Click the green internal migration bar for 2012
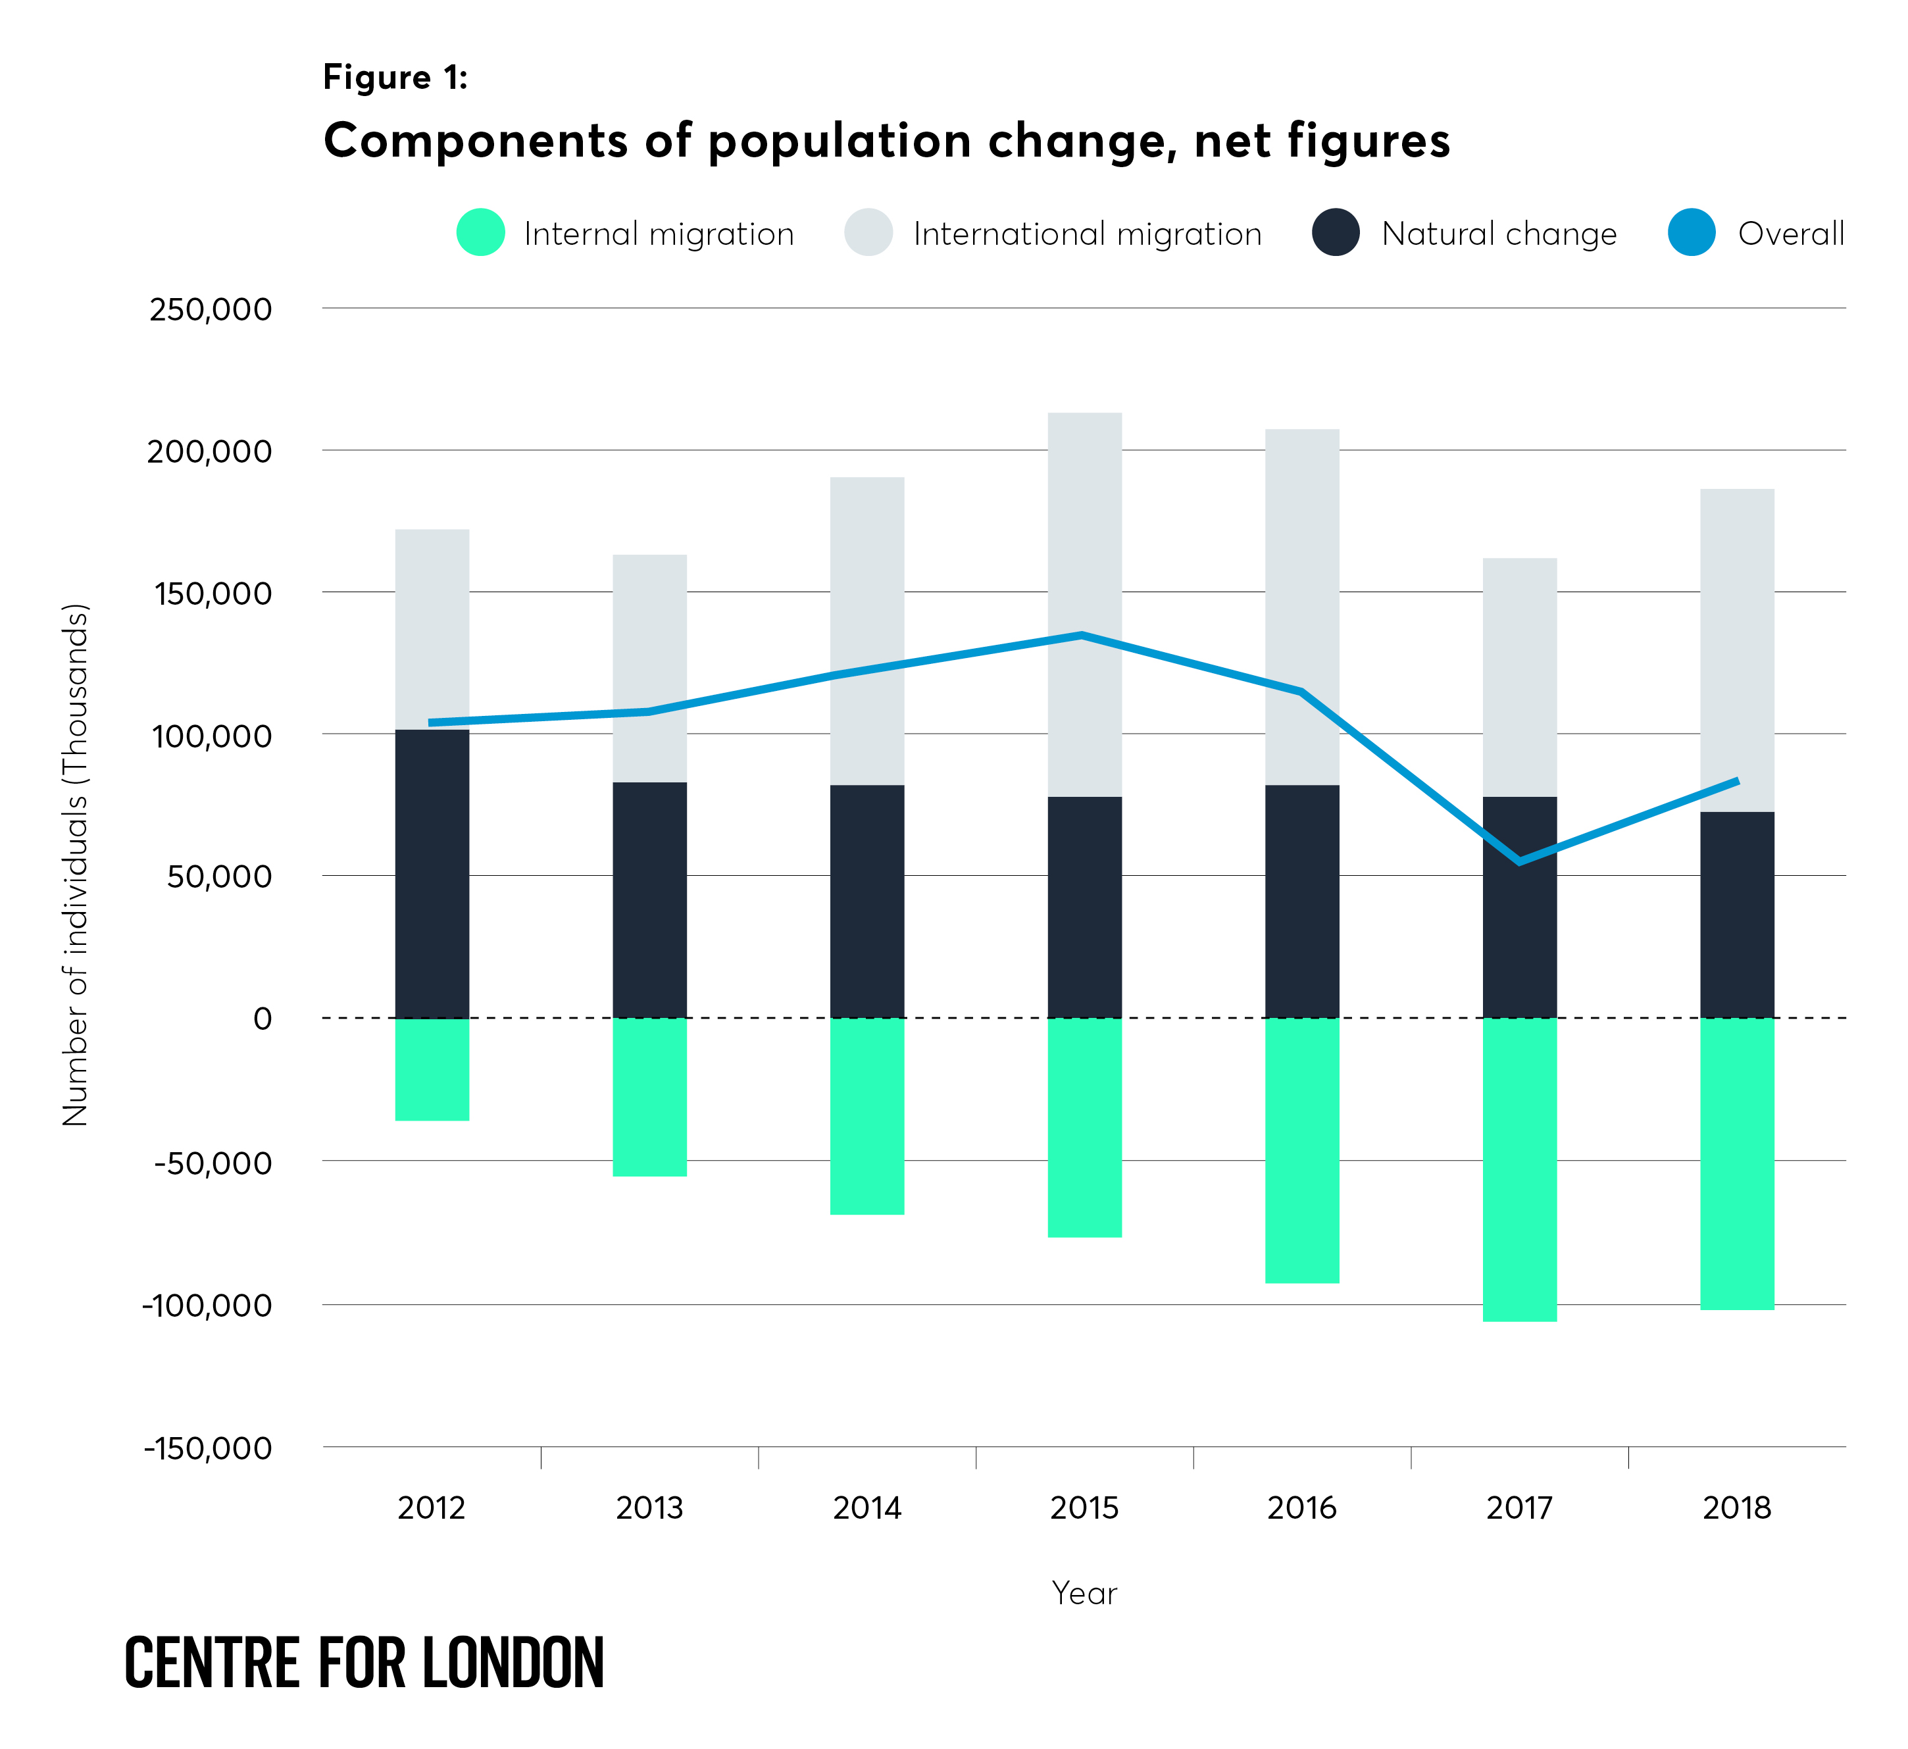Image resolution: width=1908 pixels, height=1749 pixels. click(x=432, y=1069)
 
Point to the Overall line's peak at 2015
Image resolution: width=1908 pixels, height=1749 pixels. click(x=1082, y=635)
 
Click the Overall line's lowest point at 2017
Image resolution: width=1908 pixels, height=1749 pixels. click(x=1519, y=861)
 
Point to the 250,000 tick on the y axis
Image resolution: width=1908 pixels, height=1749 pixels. click(x=210, y=309)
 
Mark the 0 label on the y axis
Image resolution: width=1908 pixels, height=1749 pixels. click(x=262, y=1019)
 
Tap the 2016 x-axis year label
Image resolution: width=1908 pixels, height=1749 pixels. click(x=1301, y=1507)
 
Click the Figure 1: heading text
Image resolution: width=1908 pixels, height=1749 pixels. click(x=395, y=77)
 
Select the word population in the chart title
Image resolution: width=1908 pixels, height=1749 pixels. click(x=839, y=141)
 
